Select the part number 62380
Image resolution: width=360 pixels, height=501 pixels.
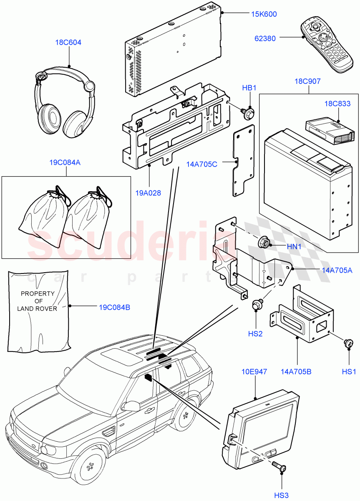(265, 38)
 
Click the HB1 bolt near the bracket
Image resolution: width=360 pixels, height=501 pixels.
(249, 113)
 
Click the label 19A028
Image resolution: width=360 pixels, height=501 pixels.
(148, 192)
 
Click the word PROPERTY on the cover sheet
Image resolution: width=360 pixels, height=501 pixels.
(38, 294)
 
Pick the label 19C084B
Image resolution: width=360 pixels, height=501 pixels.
(114, 308)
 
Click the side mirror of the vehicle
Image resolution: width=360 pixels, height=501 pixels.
(132, 405)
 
